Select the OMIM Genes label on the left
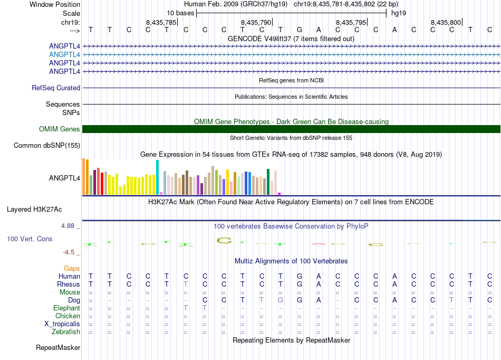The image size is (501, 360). pyautogui.click(x=60, y=129)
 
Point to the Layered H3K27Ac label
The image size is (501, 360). pyautogui.click(x=43, y=209)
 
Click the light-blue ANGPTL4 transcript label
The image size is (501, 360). pyautogui.click(x=64, y=54)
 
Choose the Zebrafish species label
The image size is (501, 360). pyautogui.click(x=66, y=332)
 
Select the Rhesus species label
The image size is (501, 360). pyautogui.click(x=69, y=284)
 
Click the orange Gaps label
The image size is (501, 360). pyautogui.click(x=72, y=269)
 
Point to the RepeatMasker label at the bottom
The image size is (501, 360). pyautogui.click(x=58, y=348)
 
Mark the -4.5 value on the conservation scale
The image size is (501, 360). pyautogui.click(x=71, y=252)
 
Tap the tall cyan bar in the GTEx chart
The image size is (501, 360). pyautogui.click(x=157, y=177)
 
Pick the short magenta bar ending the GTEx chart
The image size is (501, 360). pyautogui.click(x=280, y=194)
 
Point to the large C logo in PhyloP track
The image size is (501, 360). pyautogui.click(x=224, y=241)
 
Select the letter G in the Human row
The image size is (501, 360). pyautogui.click(x=300, y=276)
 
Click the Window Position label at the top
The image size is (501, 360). pyautogui.click(x=55, y=4)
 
